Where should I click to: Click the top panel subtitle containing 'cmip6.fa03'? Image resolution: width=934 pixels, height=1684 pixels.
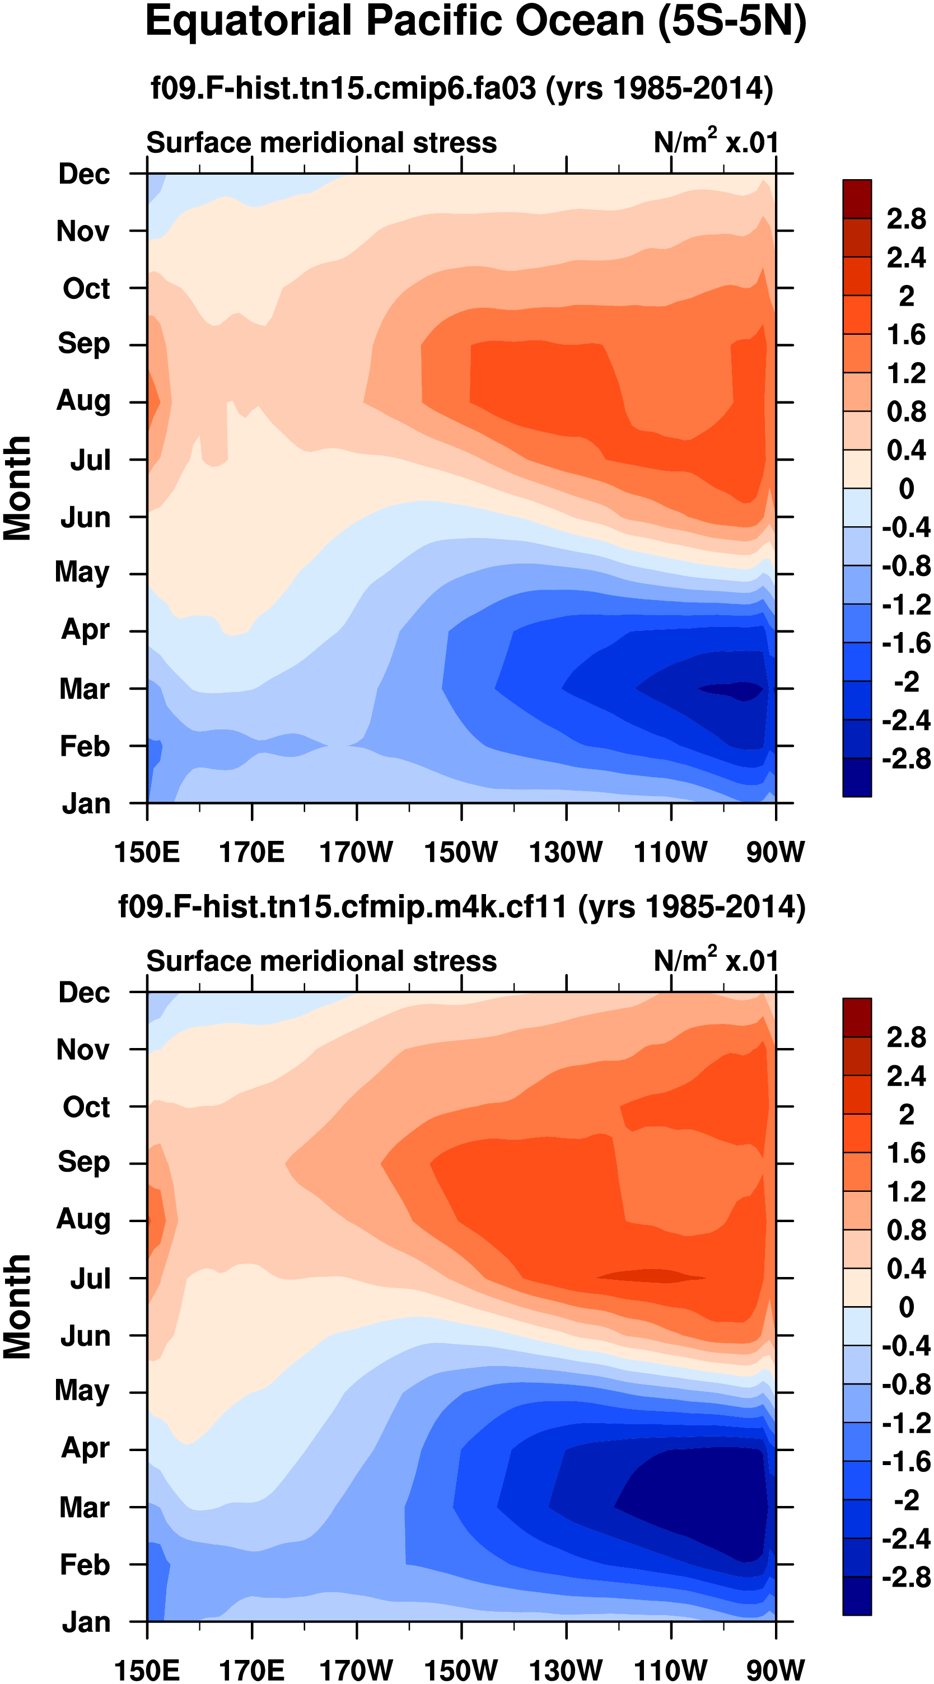pos(462,87)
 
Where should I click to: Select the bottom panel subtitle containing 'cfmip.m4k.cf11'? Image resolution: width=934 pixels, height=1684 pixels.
pos(462,907)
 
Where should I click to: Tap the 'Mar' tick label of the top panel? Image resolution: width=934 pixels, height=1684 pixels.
pos(85,689)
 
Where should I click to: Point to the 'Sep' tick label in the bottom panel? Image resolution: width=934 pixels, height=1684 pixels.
pos(84,1162)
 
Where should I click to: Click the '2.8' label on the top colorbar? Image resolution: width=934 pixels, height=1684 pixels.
pos(906,219)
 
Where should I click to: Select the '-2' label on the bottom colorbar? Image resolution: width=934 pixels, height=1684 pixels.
pos(906,1500)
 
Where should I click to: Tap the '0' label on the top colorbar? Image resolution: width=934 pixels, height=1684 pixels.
pos(906,488)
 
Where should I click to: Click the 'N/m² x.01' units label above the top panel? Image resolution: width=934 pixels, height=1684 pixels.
pos(716,142)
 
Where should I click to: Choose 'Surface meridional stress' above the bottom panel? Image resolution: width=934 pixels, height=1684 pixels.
pos(321,962)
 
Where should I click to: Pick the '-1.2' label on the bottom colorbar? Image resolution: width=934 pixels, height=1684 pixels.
pos(906,1423)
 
